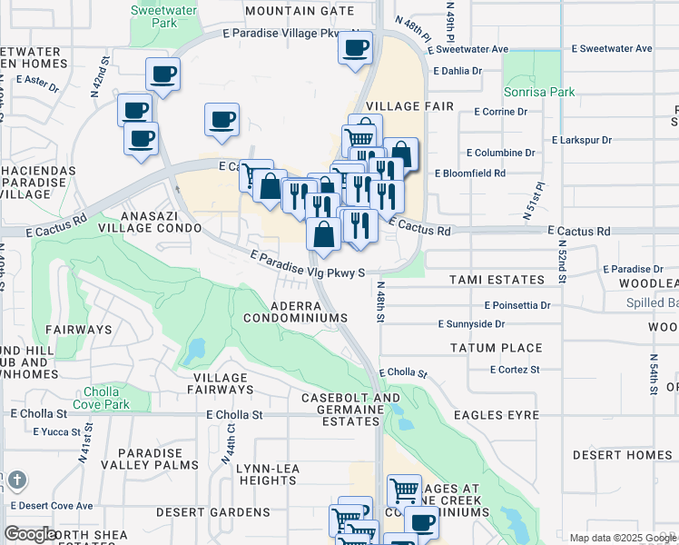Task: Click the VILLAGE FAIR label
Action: point(409,106)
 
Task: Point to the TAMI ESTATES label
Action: point(497,280)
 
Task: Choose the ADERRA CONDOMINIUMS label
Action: point(296,311)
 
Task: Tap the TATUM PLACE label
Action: point(497,348)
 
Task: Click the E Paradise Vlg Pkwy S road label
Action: point(307,264)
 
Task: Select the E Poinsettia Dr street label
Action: point(518,305)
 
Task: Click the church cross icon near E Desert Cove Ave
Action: point(17,481)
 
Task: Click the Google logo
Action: point(30,534)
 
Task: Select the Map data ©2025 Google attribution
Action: point(622,538)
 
